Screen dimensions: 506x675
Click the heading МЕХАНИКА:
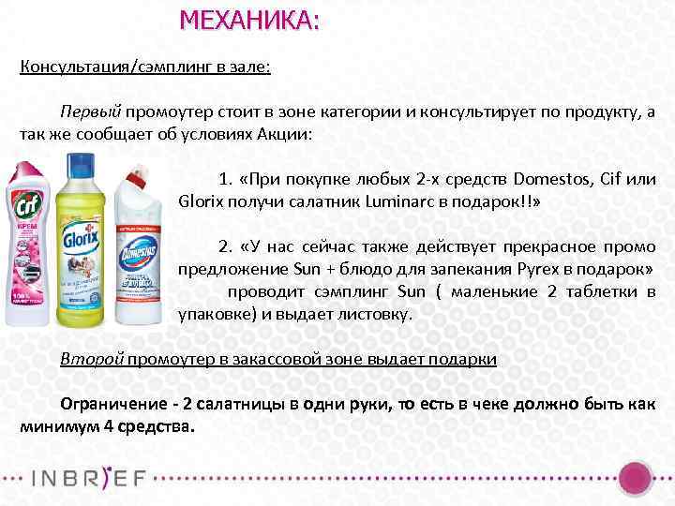(249, 20)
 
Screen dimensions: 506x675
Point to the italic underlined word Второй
(90, 360)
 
